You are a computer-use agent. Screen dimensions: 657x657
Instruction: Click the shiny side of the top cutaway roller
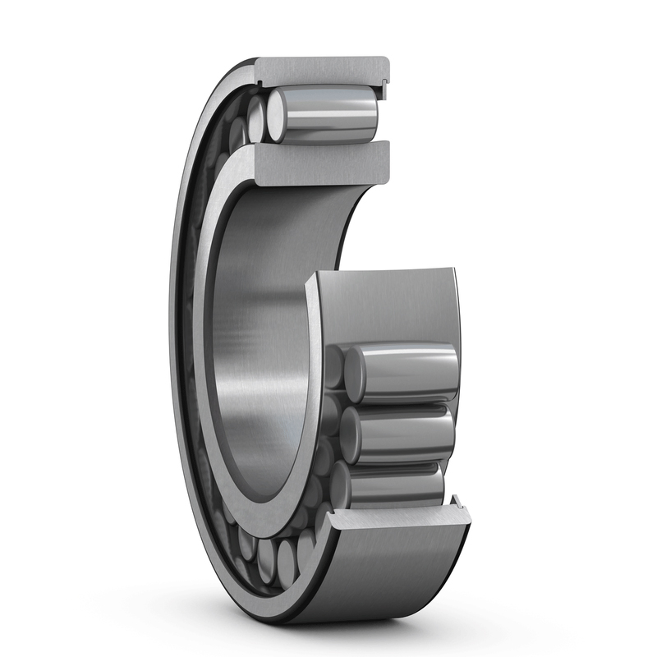[x=333, y=115]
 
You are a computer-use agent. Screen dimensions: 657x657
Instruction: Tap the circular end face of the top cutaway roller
[x=278, y=116]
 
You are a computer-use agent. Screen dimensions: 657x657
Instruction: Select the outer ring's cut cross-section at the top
[x=320, y=71]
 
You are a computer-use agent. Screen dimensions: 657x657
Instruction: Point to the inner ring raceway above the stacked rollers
[x=386, y=304]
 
